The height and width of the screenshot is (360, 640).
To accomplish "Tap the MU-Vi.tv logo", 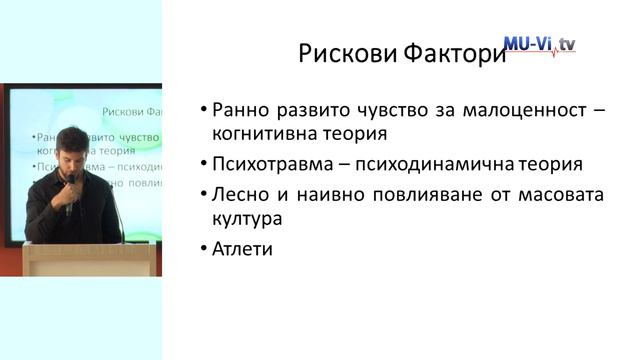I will pos(540,44).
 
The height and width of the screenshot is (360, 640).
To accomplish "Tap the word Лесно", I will pos(239,193).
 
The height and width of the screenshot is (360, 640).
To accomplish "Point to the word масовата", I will pos(564,193).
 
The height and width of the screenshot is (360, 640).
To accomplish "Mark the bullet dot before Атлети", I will pos(202,248).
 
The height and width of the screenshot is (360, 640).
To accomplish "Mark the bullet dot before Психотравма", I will pos(202,164).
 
